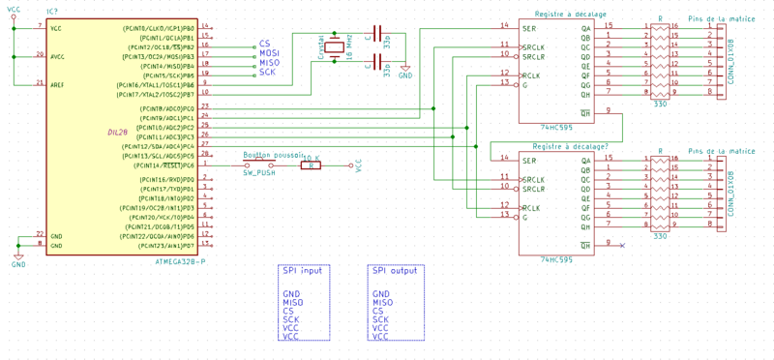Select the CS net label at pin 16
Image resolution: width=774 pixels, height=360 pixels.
point(264,45)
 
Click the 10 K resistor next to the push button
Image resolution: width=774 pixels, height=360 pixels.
point(310,165)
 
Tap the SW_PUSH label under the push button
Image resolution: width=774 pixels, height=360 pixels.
point(259,172)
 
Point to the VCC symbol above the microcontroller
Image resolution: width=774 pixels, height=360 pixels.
point(13,12)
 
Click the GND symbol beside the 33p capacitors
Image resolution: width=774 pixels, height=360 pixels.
point(404,72)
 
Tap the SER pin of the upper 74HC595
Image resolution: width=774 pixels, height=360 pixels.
point(530,26)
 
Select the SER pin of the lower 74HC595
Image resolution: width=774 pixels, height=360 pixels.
point(530,160)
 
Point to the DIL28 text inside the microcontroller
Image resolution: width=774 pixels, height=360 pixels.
point(117,133)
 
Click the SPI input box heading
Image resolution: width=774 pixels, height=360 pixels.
point(301,271)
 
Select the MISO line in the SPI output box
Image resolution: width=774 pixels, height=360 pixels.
point(382,302)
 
